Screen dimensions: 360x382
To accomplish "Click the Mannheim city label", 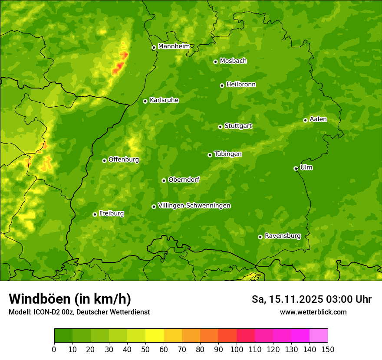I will (174, 46).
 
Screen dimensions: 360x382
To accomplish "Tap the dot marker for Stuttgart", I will (220, 127).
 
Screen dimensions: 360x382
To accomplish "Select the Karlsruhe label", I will (164, 100).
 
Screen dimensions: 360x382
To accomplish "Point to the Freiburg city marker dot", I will (95, 214).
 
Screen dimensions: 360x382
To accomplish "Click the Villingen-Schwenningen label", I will (194, 206).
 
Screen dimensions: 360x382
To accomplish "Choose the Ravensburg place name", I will (282, 236).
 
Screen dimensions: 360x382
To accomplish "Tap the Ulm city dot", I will (296, 168).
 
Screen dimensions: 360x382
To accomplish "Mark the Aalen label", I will (318, 119).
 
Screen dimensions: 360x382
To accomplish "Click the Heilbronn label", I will (241, 85).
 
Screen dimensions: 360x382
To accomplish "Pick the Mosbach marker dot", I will (215, 62).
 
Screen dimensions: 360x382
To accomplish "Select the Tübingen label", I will (228, 154).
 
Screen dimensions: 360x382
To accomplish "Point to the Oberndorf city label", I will (184, 180).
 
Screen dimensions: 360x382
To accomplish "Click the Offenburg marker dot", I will (104, 160).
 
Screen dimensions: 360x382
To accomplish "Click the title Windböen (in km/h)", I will (69, 299).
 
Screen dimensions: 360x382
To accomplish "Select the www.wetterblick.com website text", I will (313, 312).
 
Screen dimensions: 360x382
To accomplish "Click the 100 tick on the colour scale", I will (237, 350).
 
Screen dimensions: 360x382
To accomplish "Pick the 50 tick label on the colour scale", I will (145, 350).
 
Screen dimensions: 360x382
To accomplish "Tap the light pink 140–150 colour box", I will (319, 336).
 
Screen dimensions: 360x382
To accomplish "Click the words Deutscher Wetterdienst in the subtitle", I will (117, 312).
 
